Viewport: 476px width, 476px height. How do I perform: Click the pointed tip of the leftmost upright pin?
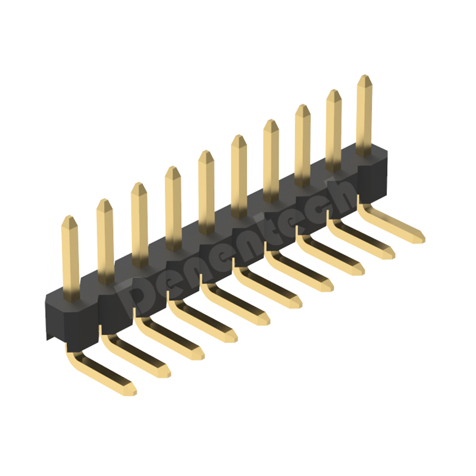coord(70,216)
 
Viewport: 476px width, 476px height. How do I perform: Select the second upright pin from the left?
coord(105,242)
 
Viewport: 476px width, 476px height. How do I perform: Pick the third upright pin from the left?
coord(139,225)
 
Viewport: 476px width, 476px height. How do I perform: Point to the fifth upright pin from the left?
coord(206,192)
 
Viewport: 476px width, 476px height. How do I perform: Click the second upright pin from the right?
coord(334,130)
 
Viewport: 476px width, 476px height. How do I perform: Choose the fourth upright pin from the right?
coord(271,161)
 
